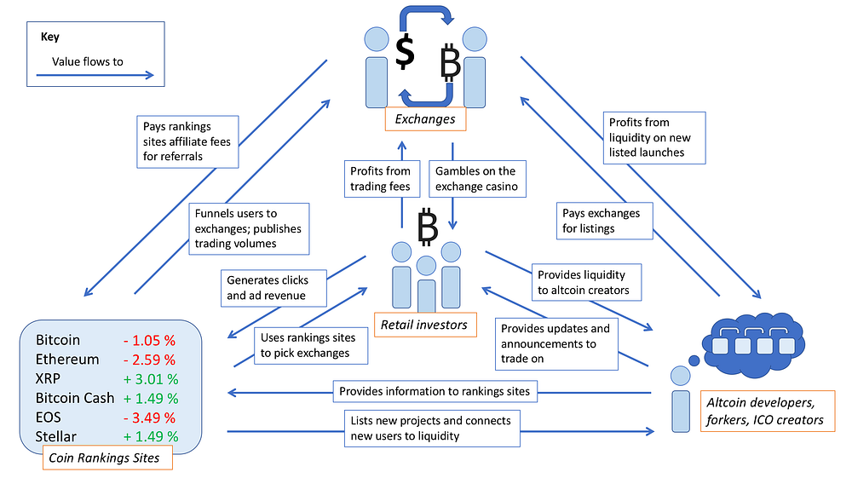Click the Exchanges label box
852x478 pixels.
[x=424, y=119]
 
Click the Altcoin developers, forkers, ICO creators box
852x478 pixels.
[x=765, y=410]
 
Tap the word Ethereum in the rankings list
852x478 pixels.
[x=67, y=360]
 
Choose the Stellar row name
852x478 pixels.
[x=56, y=436]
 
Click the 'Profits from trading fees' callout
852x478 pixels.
[x=381, y=179]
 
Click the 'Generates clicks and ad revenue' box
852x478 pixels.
[x=268, y=287]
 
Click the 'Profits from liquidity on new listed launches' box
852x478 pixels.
[x=654, y=137]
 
